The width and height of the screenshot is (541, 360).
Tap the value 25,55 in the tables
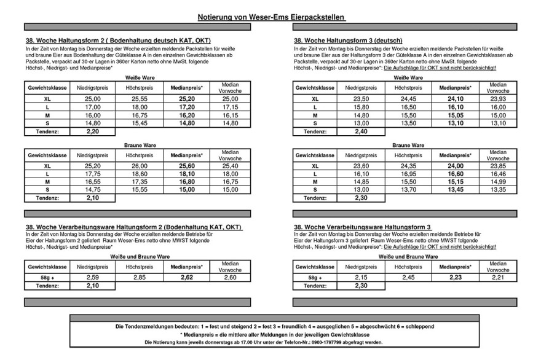pos(139,98)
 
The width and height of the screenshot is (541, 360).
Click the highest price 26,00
pos(139,165)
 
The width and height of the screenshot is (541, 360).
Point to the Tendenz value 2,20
pos(93,131)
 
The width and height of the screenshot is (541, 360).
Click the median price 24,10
pos(455,98)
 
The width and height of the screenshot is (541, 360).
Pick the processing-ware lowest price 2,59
pos(93,277)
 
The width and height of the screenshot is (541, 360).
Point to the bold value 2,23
pos(455,277)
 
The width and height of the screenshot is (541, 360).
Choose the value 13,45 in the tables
pos(455,190)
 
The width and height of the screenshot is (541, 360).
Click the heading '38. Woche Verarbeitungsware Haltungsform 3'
pos(363,227)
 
